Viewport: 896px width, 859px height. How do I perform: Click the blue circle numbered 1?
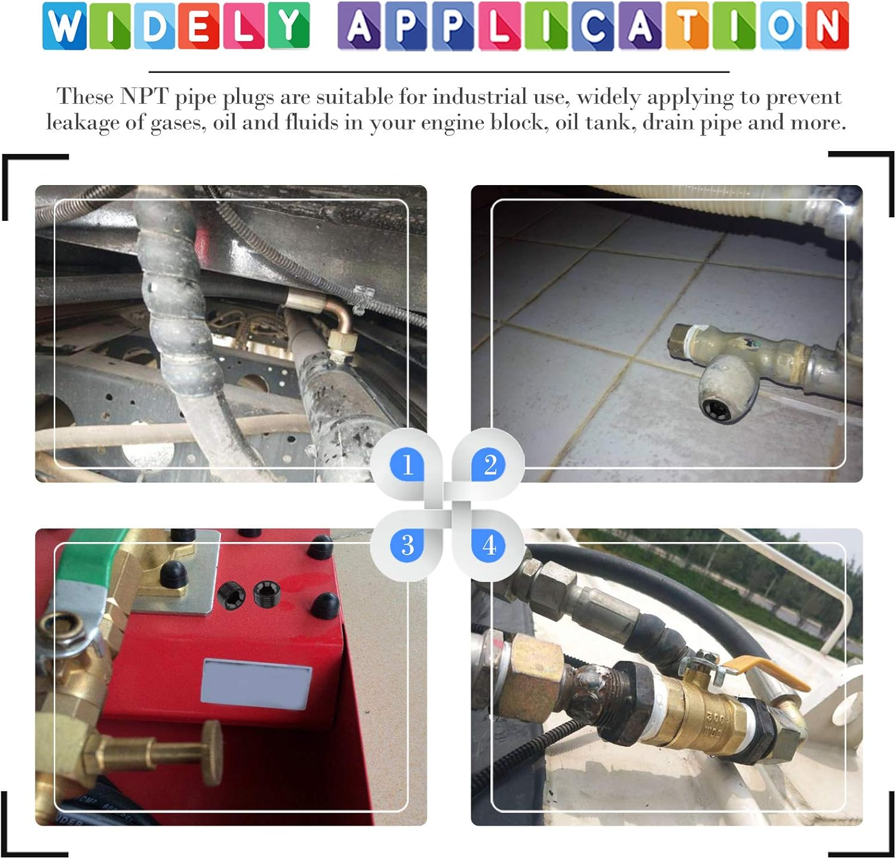coord(407,464)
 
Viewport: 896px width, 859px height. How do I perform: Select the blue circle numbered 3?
coord(407,545)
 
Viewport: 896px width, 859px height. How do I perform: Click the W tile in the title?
coord(65,26)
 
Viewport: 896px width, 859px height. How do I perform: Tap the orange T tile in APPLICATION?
coord(687,26)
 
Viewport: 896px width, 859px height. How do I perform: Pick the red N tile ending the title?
coord(827,26)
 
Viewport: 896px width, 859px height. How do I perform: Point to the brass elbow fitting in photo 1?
coord(337,328)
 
